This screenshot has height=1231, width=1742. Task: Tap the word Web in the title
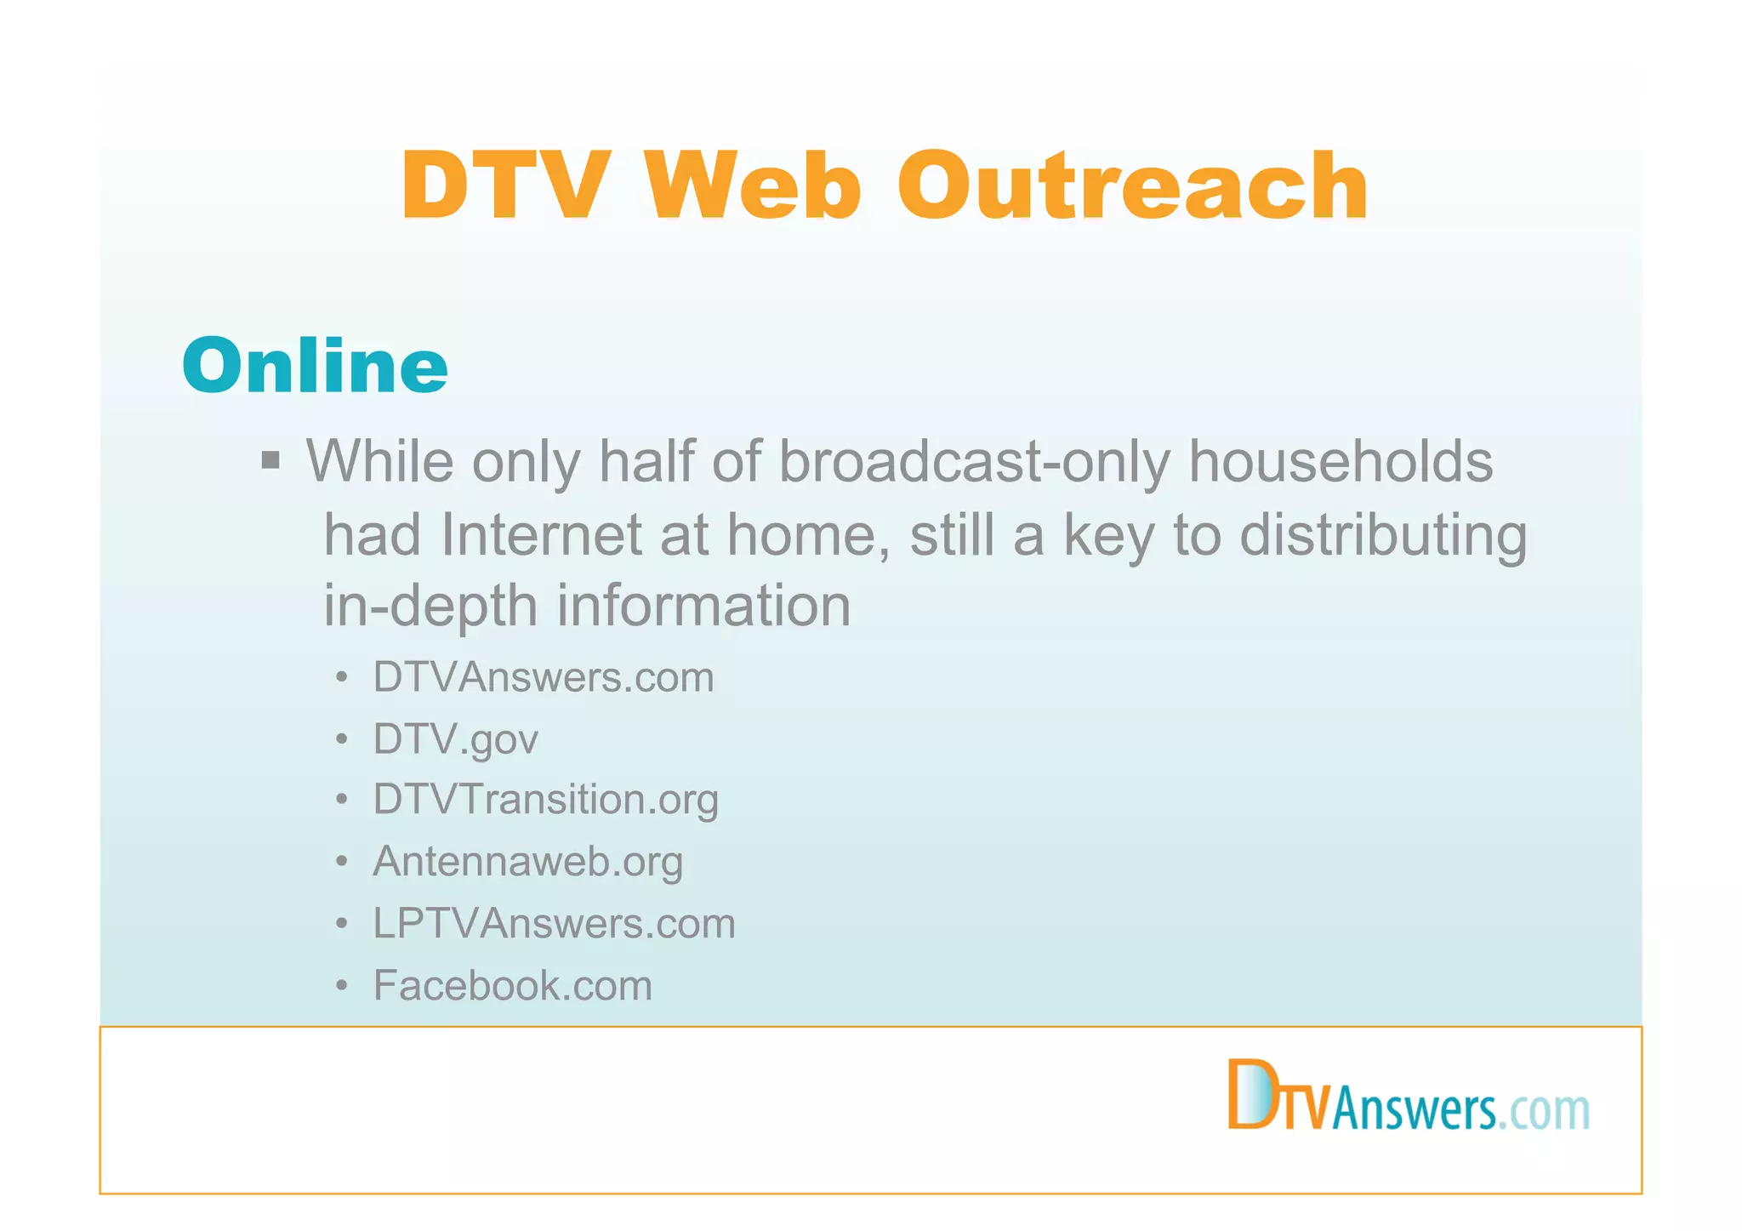click(754, 186)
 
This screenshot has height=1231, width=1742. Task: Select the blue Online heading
click(315, 365)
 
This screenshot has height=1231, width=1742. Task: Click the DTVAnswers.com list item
click(544, 678)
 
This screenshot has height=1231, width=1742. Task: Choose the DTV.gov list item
click(456, 739)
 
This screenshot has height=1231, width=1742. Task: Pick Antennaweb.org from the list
click(528, 862)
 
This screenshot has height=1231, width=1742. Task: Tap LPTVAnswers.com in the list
click(555, 924)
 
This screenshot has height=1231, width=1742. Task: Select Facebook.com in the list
click(513, 986)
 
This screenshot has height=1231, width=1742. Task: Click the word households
click(1340, 462)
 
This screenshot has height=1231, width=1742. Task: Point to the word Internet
click(541, 536)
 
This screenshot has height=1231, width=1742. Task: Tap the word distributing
click(1383, 536)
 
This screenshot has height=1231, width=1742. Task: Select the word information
click(703, 607)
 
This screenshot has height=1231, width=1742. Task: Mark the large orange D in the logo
click(1250, 1094)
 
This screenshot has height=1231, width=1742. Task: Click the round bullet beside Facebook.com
click(342, 986)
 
